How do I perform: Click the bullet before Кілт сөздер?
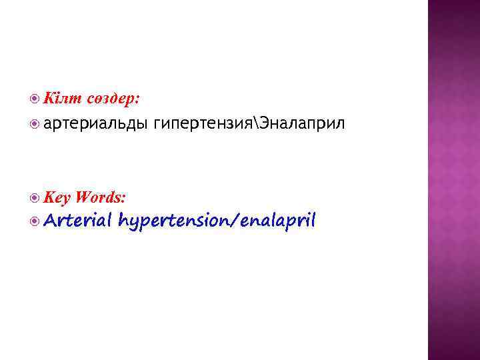tap(35, 99)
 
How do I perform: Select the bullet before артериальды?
tap(35, 123)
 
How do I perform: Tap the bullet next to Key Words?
tap(35, 197)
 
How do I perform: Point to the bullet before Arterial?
tap(35, 221)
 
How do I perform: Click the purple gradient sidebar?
tap(453, 180)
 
